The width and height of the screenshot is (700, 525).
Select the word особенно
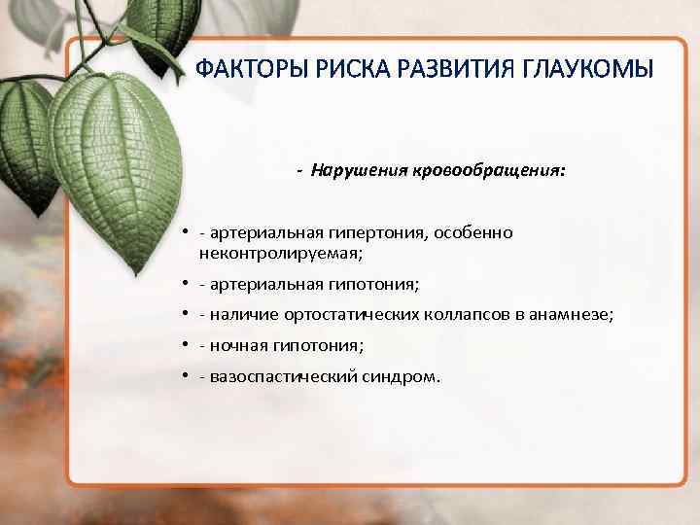[473, 233]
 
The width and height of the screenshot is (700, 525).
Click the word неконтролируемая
[279, 253]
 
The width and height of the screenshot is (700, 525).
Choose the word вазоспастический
[274, 375]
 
